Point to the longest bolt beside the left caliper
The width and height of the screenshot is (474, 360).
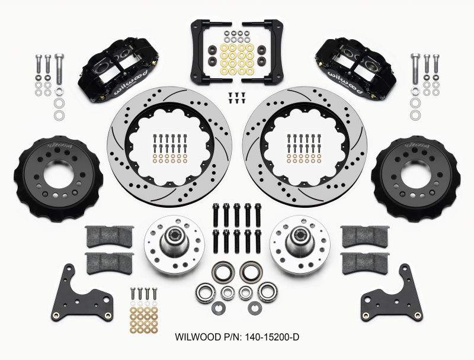[59, 69]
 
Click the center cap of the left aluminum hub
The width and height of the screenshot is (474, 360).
[175, 235]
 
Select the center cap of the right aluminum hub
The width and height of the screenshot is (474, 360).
[299, 235]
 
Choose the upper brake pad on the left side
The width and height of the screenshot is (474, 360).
[109, 236]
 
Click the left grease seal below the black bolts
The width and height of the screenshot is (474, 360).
[223, 274]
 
